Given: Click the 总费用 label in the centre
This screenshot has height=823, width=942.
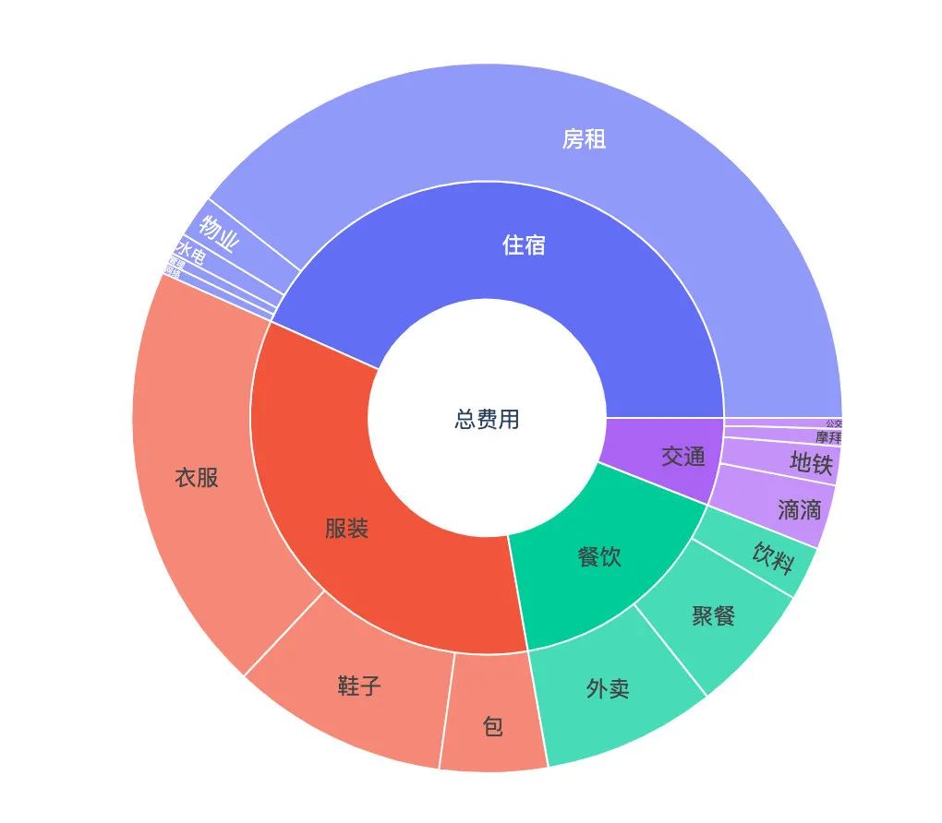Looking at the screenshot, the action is [487, 420].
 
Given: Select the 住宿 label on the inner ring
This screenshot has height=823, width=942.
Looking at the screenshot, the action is [524, 245].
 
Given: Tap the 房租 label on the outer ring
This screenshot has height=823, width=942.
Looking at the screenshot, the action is [584, 139].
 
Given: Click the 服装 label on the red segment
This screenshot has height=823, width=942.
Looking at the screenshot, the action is [346, 529].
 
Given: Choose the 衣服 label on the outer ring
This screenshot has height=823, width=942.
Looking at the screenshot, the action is [197, 477].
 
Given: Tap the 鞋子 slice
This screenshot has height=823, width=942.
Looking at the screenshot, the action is [359, 686].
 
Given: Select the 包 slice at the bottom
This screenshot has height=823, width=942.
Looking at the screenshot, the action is [493, 726].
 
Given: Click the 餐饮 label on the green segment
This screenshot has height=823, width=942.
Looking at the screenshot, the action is [599, 556].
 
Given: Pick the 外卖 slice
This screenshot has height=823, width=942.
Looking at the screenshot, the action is [608, 688].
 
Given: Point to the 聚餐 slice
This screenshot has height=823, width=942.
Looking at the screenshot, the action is [713, 616].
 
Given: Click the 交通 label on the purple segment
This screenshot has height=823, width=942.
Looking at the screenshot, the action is [683, 456].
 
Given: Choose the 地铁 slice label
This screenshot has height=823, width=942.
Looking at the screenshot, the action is [811, 462].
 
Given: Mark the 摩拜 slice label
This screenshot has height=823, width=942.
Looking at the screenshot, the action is [827, 437].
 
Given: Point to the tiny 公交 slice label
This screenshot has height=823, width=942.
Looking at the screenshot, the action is [833, 423].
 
